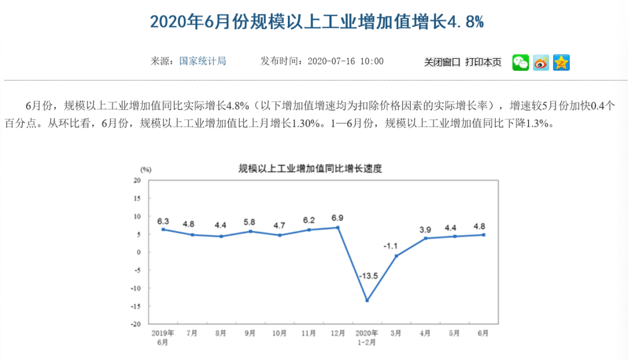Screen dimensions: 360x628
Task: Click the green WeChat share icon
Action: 520,62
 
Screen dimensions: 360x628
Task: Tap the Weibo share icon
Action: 541,62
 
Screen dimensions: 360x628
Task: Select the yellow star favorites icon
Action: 561,62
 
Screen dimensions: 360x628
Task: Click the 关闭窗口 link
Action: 443,62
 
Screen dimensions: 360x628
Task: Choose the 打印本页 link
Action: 483,62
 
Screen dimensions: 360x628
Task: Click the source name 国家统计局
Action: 202,61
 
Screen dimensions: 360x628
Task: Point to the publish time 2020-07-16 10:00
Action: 345,61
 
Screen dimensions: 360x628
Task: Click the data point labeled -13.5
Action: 367,301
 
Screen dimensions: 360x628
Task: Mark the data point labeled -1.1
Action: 396,256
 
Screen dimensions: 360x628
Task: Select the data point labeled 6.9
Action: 338,227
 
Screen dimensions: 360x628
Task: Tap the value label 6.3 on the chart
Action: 163,221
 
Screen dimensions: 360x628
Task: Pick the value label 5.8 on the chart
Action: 250,222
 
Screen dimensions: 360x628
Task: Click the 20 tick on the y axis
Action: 138,180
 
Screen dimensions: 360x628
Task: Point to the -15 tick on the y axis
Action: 137,306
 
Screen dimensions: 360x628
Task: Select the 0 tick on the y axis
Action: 140,252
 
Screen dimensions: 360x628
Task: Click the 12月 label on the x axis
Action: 338,333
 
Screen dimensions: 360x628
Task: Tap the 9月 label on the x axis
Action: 250,333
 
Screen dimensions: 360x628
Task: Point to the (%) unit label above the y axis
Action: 145,169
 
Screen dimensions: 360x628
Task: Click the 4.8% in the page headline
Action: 465,22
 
